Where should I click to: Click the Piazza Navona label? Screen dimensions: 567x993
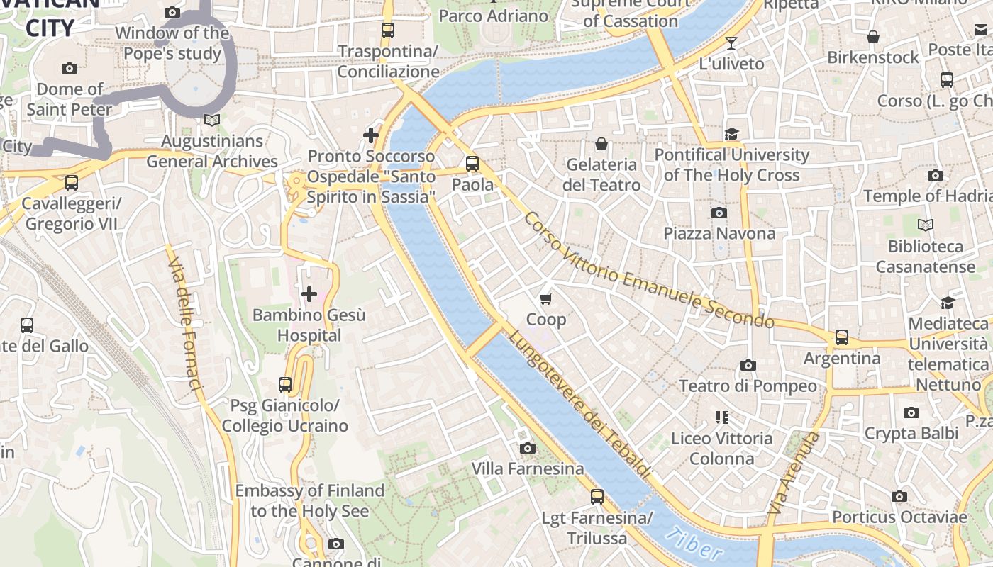point(719,233)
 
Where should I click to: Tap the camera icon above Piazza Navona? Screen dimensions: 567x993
point(719,213)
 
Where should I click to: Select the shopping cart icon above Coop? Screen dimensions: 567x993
point(545,298)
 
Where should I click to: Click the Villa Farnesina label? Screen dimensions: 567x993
point(528,468)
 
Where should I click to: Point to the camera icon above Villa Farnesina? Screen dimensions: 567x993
point(527,448)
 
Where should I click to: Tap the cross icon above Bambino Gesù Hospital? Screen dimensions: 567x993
point(309,293)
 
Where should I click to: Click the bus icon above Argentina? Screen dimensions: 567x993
point(841,337)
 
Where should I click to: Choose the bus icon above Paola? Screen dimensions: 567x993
point(472,164)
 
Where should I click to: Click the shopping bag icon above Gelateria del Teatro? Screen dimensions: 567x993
point(601,145)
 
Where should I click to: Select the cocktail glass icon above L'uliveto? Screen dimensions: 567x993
point(731,43)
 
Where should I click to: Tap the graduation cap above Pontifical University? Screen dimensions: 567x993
point(731,134)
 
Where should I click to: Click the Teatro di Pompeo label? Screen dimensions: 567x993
point(748,386)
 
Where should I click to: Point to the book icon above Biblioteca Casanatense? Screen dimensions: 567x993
point(926,225)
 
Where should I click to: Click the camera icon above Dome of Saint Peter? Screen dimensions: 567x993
point(70,69)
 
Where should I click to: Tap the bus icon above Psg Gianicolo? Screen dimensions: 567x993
point(285,385)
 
